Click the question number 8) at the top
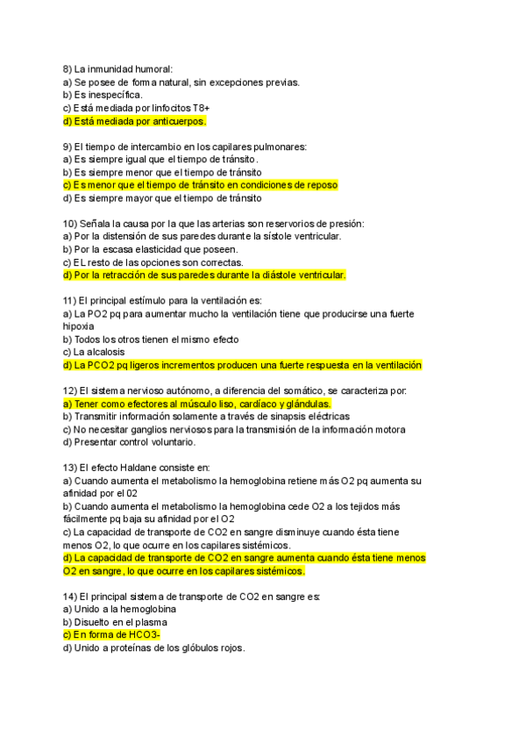pyautogui.click(x=68, y=69)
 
